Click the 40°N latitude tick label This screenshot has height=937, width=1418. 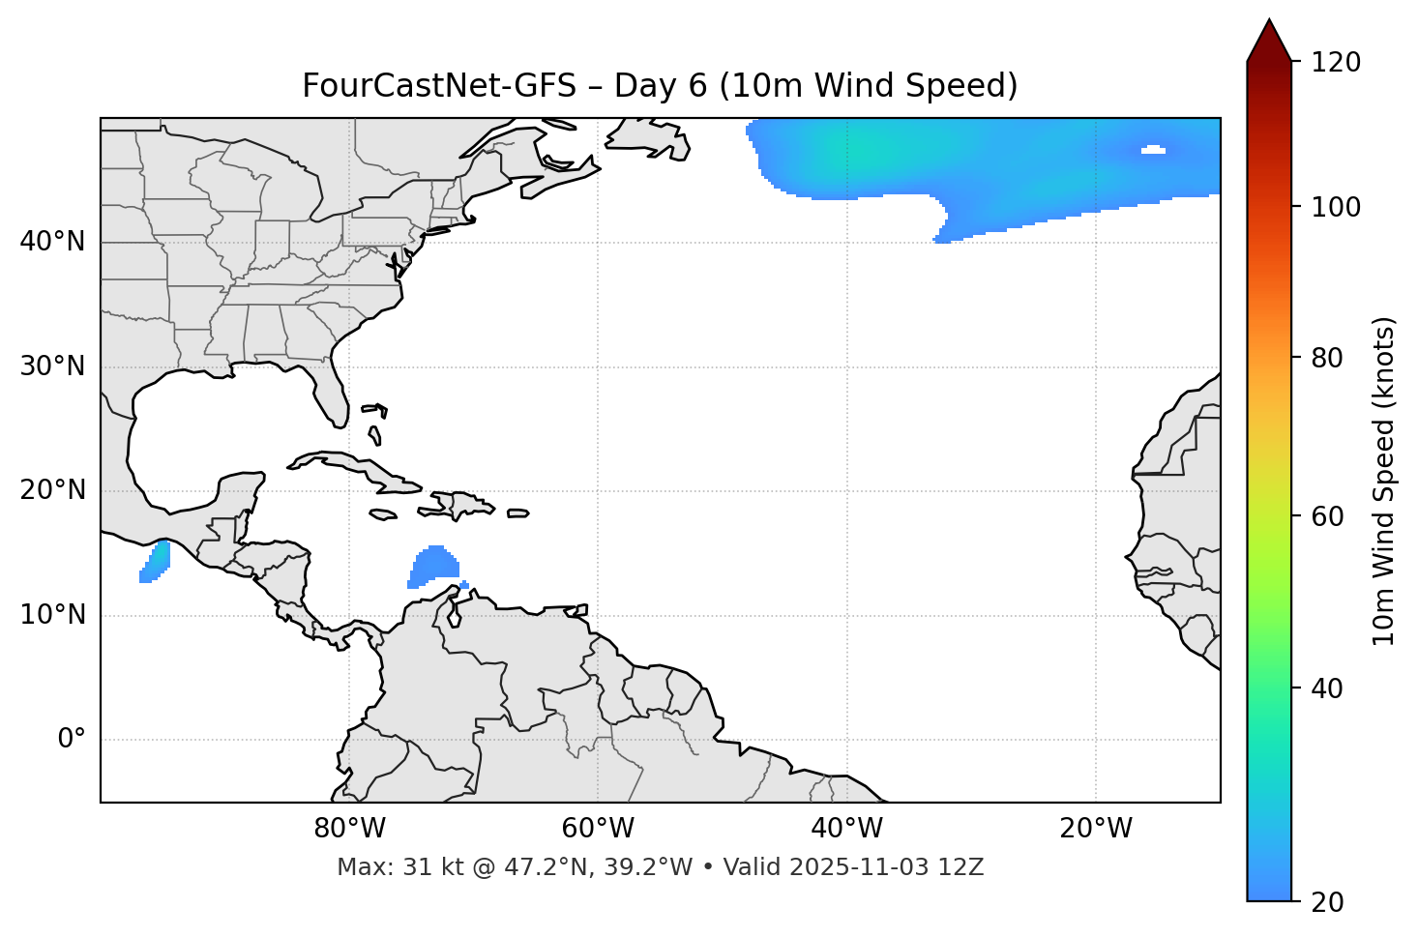52,242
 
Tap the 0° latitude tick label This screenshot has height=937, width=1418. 72,740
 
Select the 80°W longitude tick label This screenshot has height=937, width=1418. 349,829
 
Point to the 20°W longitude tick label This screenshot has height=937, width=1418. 1095,829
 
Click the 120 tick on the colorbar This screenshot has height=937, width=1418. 1336,63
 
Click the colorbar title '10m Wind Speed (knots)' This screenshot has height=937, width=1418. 1384,481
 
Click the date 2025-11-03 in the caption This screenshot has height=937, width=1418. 852,867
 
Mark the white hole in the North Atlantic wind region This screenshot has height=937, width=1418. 1153,150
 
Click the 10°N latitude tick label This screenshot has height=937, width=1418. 52,615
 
